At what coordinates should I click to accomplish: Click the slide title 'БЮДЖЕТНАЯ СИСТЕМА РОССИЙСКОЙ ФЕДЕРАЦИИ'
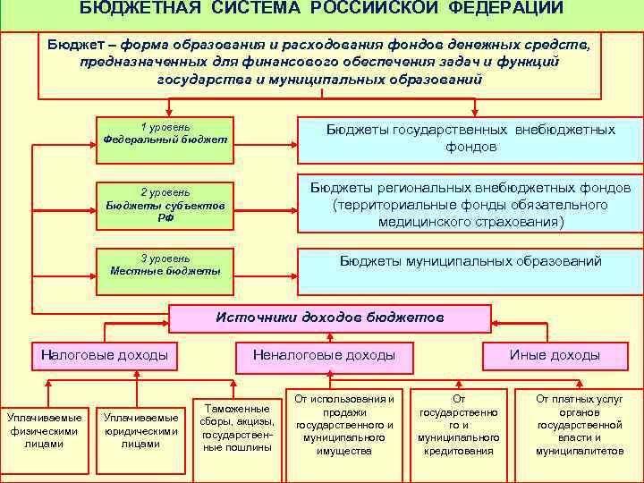click(x=321, y=9)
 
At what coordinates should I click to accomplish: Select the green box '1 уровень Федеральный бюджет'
click(x=165, y=133)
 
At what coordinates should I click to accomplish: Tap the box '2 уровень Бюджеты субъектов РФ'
click(x=165, y=205)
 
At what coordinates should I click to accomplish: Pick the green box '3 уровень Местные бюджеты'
click(x=165, y=265)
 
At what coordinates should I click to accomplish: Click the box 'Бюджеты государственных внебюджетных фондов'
click(x=470, y=138)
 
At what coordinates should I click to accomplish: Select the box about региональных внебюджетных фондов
click(x=470, y=204)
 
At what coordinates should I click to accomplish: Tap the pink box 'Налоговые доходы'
click(x=105, y=355)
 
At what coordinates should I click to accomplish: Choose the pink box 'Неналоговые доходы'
click(x=324, y=355)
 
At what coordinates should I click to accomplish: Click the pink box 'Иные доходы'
click(x=555, y=355)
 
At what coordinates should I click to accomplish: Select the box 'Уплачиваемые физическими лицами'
click(x=44, y=430)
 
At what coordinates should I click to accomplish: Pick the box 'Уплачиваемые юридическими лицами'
click(x=140, y=430)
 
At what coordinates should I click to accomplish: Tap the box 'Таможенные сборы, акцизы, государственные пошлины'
click(x=238, y=428)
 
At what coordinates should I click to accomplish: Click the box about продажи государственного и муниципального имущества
click(x=344, y=425)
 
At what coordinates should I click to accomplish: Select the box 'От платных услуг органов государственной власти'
click(x=580, y=425)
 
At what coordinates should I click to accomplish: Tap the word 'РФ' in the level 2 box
click(x=165, y=217)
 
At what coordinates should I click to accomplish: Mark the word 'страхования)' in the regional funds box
click(x=523, y=221)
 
